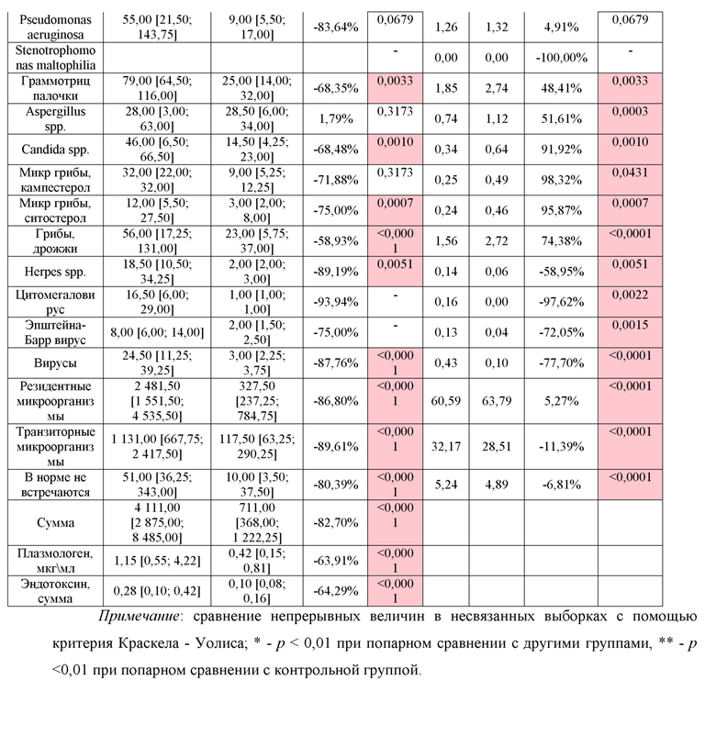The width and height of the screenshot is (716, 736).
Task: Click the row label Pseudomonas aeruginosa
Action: (x=55, y=28)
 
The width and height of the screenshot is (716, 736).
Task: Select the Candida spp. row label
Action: (x=55, y=150)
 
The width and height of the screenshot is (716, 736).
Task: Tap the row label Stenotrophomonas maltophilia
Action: (x=55, y=58)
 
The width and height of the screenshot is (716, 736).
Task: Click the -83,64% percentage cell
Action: (x=336, y=28)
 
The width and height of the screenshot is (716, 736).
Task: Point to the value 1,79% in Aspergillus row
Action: (x=336, y=119)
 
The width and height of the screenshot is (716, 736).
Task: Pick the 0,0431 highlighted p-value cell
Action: (x=630, y=173)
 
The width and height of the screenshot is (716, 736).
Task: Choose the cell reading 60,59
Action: (x=445, y=401)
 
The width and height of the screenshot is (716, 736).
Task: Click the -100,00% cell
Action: (x=561, y=58)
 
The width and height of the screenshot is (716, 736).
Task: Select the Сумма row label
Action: (x=55, y=523)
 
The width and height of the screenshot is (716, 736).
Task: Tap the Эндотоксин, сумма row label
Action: (x=55, y=591)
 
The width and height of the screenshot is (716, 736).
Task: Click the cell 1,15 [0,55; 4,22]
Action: (x=157, y=561)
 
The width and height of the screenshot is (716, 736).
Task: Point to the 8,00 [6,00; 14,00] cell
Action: (x=157, y=333)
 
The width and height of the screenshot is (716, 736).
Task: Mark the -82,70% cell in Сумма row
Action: (x=336, y=523)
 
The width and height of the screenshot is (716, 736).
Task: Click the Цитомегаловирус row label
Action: (x=55, y=302)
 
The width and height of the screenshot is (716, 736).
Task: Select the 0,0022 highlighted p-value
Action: (x=630, y=295)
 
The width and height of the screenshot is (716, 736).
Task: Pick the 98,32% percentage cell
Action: (x=561, y=180)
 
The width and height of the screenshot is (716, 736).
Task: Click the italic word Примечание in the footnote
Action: (x=138, y=617)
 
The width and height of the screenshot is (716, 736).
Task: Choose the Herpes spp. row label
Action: (x=55, y=272)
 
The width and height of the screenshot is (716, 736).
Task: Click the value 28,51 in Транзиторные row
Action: (x=497, y=447)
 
